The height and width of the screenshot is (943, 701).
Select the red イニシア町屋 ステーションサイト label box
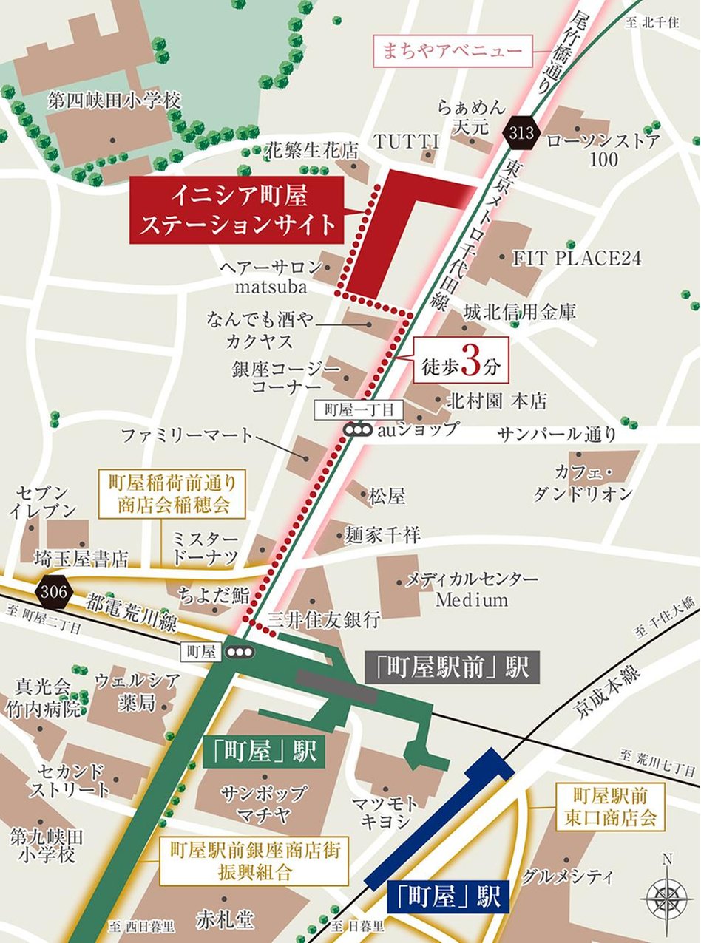pos(238,210)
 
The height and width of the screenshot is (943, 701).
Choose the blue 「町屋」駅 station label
pos(448,897)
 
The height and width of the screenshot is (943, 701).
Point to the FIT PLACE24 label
pos(577,258)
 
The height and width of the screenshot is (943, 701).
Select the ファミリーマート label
pos(188,436)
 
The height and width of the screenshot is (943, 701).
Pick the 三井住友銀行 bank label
pos(325,619)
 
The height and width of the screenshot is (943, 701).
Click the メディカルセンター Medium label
pos(472,589)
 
